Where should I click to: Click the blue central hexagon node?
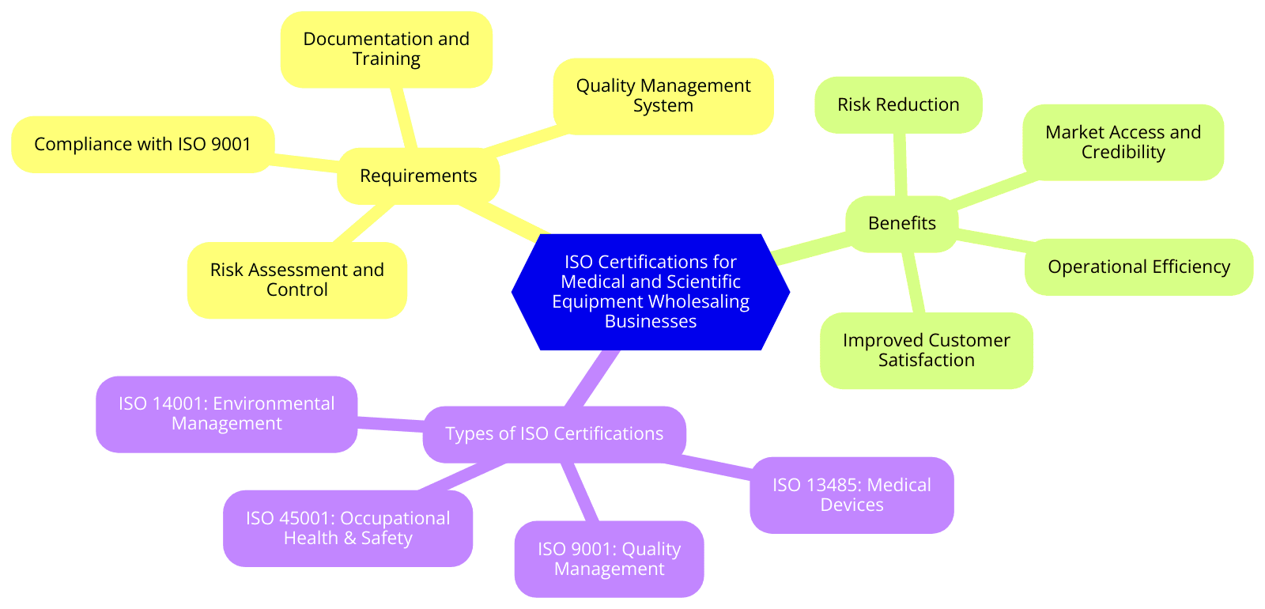point(650,291)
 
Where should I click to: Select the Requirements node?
point(417,176)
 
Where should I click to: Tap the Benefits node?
point(901,223)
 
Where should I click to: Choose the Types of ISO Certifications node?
point(553,433)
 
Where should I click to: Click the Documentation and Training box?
point(386,49)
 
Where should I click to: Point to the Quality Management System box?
point(663,96)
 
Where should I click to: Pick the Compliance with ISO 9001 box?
point(142,144)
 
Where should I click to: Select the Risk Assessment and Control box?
point(296,280)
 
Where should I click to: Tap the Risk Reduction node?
point(898,104)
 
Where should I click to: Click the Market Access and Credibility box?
point(1123,142)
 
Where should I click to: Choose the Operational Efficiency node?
point(1138,267)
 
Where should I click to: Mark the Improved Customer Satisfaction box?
point(926,350)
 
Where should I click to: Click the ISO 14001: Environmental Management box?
point(226,414)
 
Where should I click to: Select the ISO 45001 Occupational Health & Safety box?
point(348,528)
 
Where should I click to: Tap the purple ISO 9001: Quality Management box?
point(609,558)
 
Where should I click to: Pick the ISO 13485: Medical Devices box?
point(852,495)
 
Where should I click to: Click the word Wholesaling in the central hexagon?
point(699,301)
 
